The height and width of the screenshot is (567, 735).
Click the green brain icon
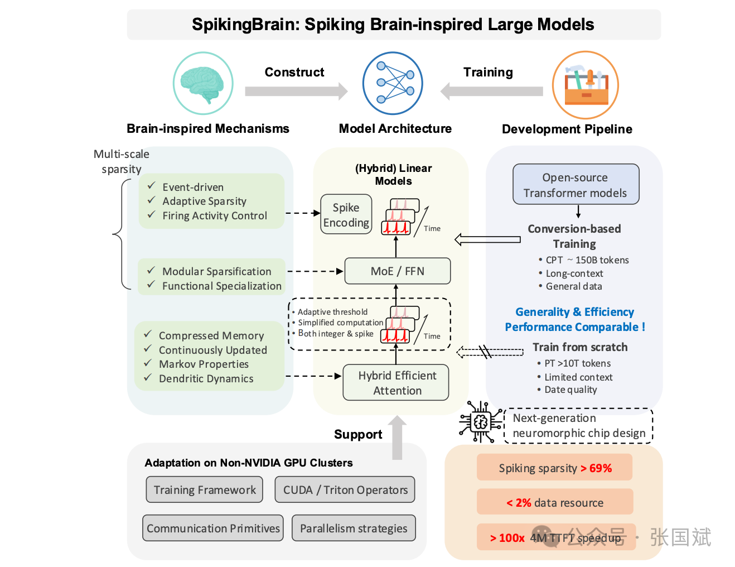point(203,83)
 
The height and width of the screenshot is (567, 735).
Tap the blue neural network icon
point(393,83)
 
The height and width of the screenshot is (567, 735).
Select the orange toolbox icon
point(586,85)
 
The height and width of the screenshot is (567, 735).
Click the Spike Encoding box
point(346,214)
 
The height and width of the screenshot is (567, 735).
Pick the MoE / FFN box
point(397,271)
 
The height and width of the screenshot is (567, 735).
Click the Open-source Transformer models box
point(576,185)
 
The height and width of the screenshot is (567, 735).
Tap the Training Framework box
point(205,489)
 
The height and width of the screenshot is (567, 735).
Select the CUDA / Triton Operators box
point(345,489)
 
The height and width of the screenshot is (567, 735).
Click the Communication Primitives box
point(213,528)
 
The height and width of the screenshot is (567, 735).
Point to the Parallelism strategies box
point(354,528)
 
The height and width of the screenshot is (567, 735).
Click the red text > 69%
point(596,468)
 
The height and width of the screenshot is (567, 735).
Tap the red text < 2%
point(519,503)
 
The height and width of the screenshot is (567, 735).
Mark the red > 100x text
point(507,538)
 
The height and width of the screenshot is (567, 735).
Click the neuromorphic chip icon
point(480,422)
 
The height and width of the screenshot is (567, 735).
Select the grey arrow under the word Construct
point(296,91)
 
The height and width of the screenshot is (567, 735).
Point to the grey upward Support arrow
point(397,438)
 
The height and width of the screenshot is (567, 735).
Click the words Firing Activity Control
point(215,216)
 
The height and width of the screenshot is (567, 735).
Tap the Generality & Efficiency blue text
point(574,312)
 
